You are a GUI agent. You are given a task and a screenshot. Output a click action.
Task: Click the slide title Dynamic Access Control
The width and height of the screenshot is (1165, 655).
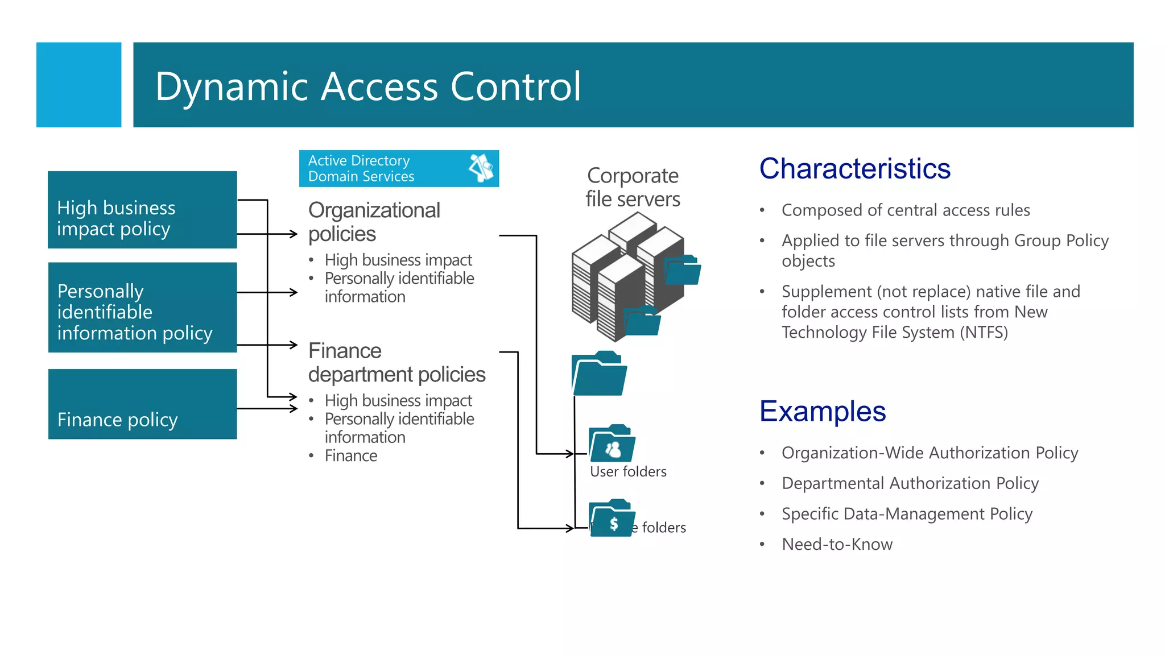click(x=367, y=86)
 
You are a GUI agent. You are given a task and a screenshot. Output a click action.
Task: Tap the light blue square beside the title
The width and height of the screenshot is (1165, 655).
click(x=79, y=85)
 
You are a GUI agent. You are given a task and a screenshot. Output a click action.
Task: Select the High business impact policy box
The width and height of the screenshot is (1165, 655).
click(x=142, y=210)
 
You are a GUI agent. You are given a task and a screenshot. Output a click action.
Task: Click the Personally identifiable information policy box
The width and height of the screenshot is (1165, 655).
click(x=142, y=308)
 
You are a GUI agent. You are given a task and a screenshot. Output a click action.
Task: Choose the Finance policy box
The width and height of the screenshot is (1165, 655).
click(x=142, y=404)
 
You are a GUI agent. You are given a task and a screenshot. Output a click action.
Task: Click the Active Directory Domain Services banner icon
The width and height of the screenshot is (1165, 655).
click(x=481, y=168)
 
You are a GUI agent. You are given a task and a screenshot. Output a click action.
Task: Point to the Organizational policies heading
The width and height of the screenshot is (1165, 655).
click(x=373, y=222)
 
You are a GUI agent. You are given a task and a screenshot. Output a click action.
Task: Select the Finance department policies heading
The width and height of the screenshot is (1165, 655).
click(x=396, y=363)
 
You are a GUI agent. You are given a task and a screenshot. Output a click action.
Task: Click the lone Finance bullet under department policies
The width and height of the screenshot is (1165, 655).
click(x=350, y=456)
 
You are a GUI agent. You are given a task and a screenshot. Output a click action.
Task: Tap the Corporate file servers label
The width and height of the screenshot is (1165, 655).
click(x=633, y=187)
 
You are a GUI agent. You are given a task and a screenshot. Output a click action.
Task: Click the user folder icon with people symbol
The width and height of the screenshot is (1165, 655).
click(x=612, y=444)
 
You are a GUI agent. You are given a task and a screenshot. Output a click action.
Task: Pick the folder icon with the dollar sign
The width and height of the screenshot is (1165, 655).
click(x=612, y=519)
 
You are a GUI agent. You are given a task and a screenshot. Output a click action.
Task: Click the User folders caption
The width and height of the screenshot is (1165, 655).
click(x=628, y=472)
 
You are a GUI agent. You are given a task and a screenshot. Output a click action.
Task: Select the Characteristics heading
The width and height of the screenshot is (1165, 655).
click(x=854, y=169)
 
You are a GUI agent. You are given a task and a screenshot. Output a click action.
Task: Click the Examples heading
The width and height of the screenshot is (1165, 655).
click(x=823, y=411)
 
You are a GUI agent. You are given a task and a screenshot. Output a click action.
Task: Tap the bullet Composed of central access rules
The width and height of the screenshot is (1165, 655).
click(x=906, y=210)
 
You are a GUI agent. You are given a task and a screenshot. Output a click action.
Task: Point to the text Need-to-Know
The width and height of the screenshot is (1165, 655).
click(x=837, y=545)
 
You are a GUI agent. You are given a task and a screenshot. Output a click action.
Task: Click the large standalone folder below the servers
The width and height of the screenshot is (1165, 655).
click(x=598, y=374)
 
